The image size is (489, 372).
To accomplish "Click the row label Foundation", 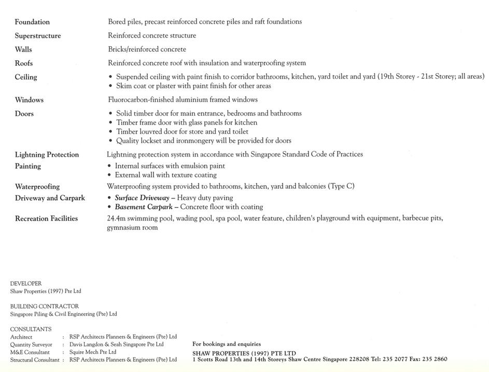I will tap(32, 22).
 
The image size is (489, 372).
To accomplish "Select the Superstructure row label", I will tap(38, 36).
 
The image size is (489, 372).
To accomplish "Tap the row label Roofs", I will tap(24, 63).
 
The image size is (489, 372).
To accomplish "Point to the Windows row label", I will tap(29, 100).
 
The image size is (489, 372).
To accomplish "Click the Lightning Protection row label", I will tap(47, 155).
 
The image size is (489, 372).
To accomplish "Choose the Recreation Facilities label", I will tap(46, 218).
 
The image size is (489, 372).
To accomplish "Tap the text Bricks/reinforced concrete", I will tap(147, 49).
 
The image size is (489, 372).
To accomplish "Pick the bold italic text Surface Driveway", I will tap(142, 198).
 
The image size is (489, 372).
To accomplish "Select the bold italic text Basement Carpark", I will tap(143, 207).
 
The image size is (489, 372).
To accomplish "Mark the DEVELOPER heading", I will tap(26, 284).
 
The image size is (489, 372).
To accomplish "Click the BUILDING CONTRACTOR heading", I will tap(45, 307).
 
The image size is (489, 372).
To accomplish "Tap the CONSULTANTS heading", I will tap(31, 329).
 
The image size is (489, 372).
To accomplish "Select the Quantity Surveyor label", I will tap(31, 345).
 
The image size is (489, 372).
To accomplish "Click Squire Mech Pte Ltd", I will tap(93, 352).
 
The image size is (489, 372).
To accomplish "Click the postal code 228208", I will tap(358, 359).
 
